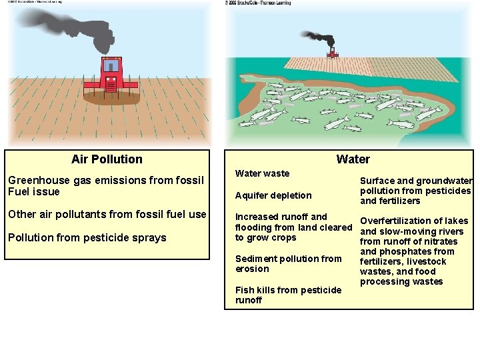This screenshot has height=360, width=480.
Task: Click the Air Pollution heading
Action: [107, 159]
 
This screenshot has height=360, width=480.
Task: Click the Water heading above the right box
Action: [353, 159]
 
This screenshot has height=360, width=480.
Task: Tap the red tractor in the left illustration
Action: [111, 75]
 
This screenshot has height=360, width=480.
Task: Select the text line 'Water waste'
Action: [263, 173]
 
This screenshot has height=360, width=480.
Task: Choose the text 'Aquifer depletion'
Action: [273, 195]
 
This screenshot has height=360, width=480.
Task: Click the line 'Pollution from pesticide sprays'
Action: [87, 237]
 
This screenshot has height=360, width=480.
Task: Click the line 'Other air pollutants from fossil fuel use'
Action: [107, 215]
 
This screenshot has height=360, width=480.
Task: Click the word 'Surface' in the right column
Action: [377, 181]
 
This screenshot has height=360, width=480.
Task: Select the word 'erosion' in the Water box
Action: [252, 269]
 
